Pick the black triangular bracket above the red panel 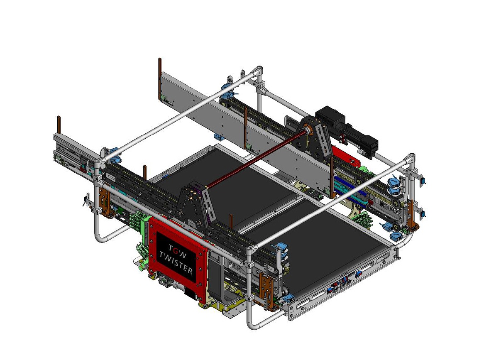coord(195,203)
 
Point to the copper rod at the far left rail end coord(59,125)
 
